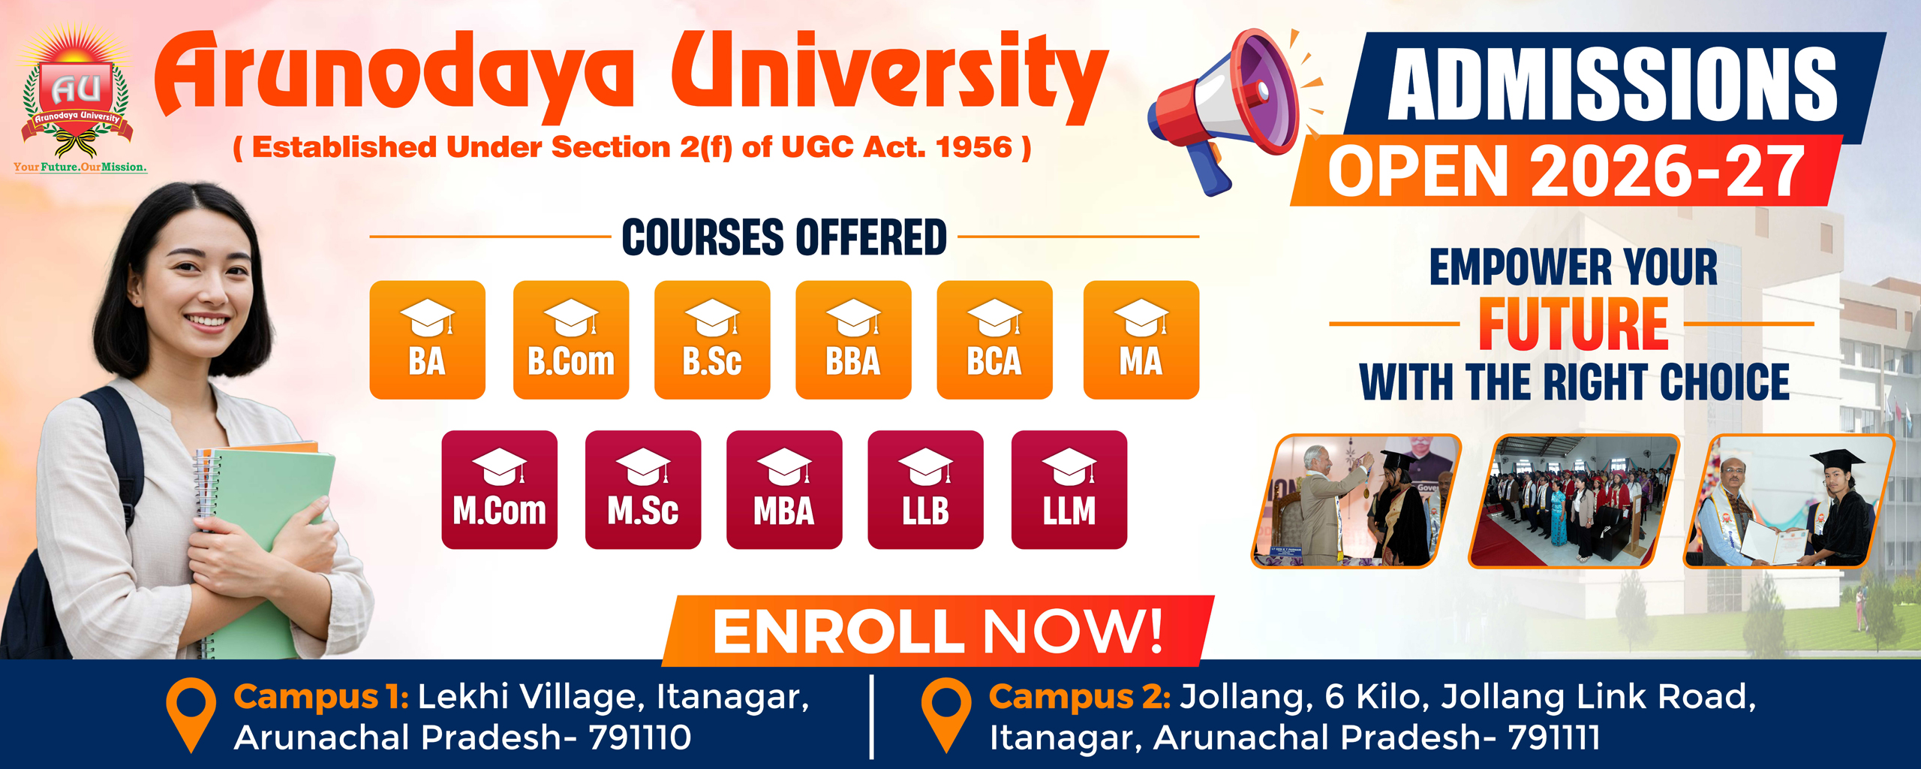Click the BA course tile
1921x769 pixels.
(x=427, y=339)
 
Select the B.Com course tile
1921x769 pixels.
(x=571, y=339)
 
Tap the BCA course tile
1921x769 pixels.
(x=994, y=339)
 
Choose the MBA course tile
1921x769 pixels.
(x=784, y=490)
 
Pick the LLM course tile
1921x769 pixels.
(x=1069, y=490)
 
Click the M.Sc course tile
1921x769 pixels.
(x=643, y=490)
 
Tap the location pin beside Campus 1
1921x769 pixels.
(x=191, y=714)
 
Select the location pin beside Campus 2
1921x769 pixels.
(x=946, y=714)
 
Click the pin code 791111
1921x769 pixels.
(x=1554, y=737)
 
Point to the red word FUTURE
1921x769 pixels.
(x=1574, y=324)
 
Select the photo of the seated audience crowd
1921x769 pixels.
(x=1574, y=501)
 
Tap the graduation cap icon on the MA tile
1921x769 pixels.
(x=1142, y=318)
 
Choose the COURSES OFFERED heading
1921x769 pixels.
(x=784, y=237)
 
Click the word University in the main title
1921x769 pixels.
(x=890, y=75)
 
